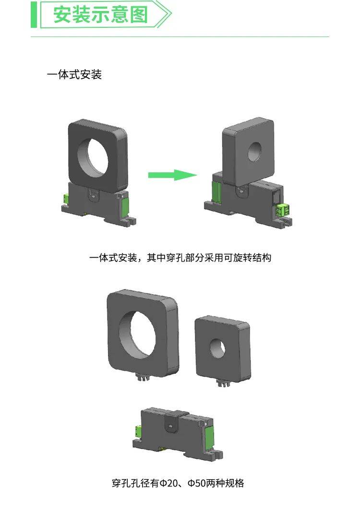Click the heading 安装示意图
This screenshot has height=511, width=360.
pos(100,14)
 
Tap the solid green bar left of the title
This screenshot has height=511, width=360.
pos(34,14)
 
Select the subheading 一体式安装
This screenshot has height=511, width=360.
pos(74,75)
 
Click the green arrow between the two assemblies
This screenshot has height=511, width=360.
pos(172,175)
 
